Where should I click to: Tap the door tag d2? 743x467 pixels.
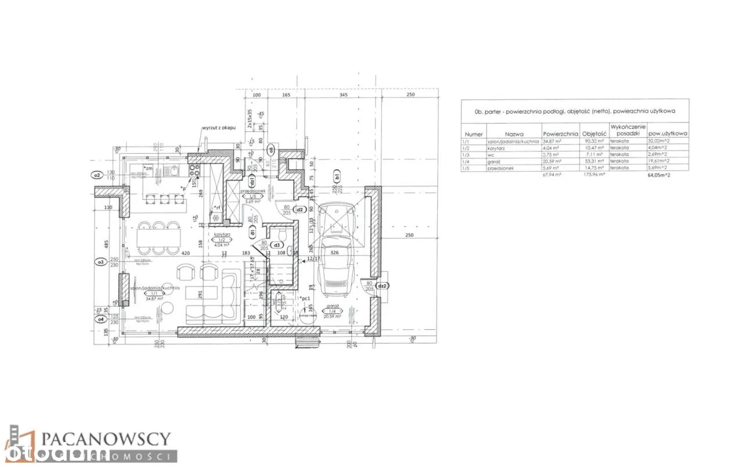(x=300, y=210)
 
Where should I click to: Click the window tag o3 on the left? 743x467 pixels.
(x=99, y=262)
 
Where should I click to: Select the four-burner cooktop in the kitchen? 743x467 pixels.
(x=193, y=170)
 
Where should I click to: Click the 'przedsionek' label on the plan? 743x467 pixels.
(x=253, y=191)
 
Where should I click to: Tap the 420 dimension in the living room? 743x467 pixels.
(x=186, y=253)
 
